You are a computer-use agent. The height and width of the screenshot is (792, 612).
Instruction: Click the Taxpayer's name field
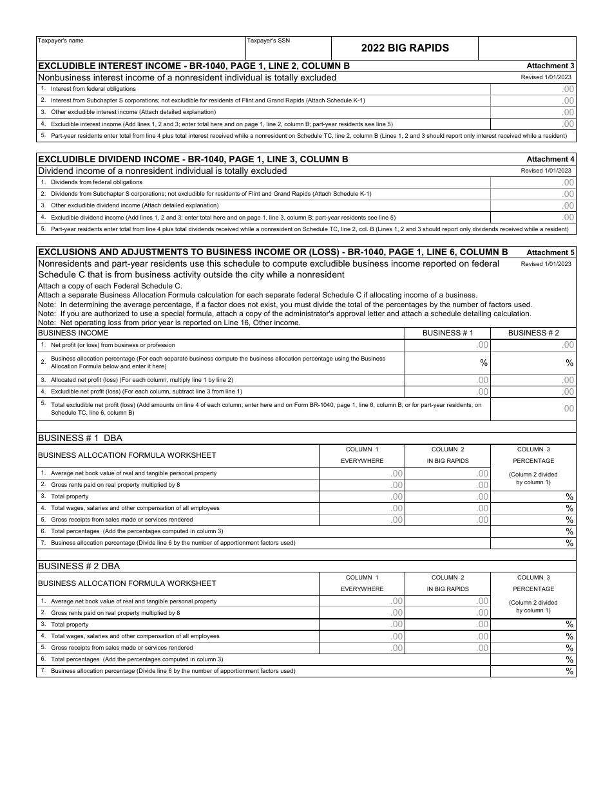pyautogui.click(x=140, y=48)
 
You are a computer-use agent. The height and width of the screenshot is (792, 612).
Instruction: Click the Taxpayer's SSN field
pyautogui.click(x=288, y=48)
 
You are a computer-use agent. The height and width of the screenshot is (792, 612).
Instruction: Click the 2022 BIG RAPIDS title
pyautogui.click(x=405, y=48)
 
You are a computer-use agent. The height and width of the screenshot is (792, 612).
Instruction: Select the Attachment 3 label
pyautogui.click(x=550, y=66)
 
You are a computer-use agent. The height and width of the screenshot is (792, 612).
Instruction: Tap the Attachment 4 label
pyautogui.click(x=550, y=159)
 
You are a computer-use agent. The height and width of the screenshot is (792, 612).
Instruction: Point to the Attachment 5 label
pyautogui.click(x=550, y=252)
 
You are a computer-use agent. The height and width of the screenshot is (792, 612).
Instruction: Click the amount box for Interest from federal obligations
pyautogui.click(x=533, y=89)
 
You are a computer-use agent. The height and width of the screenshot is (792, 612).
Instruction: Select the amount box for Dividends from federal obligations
pyautogui.click(x=533, y=182)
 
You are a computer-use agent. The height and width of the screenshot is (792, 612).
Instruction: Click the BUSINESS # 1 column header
pyautogui.click(x=447, y=333)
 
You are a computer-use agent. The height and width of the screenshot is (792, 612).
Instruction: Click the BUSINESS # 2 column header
pyautogui.click(x=533, y=333)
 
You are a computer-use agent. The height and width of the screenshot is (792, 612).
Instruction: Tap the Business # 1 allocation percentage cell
pyautogui.click(x=447, y=363)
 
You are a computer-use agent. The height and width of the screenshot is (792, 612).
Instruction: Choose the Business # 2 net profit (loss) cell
pyautogui.click(x=533, y=345)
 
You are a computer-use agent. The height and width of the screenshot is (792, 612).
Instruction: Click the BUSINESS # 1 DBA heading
pyautogui.click(x=80, y=438)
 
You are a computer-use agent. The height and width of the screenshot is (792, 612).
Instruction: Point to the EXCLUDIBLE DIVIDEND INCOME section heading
pyautogui.click(x=193, y=159)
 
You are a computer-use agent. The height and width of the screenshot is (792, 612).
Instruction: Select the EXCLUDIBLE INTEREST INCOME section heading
pyautogui.click(x=194, y=66)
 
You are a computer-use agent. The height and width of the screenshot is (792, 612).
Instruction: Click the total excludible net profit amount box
pyautogui.click(x=533, y=408)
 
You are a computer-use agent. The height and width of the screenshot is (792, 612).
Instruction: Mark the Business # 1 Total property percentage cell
pyautogui.click(x=533, y=496)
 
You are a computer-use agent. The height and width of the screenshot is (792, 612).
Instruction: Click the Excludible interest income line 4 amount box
pyautogui.click(x=533, y=124)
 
